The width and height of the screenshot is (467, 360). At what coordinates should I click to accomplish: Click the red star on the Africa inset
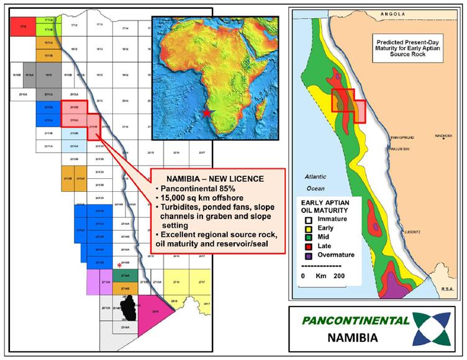point(206,112)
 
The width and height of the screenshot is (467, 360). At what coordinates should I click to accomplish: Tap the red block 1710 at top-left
point(23,27)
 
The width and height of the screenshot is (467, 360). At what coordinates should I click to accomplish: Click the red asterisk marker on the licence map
point(119,265)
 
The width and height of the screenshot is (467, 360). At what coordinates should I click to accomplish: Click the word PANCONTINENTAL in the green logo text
point(356,320)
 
